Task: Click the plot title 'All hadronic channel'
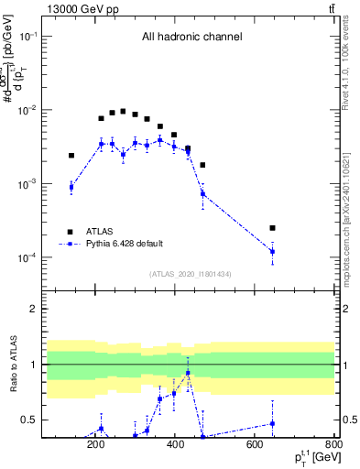point(191,38)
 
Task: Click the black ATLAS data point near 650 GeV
point(272,227)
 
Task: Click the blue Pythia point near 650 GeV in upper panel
point(272,251)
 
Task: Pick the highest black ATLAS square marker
point(123,111)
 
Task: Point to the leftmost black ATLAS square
point(71,156)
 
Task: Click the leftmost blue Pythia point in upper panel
point(71,187)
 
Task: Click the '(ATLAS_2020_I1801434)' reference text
point(191,274)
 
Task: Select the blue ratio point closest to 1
point(188,373)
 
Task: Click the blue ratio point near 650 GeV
point(272,423)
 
